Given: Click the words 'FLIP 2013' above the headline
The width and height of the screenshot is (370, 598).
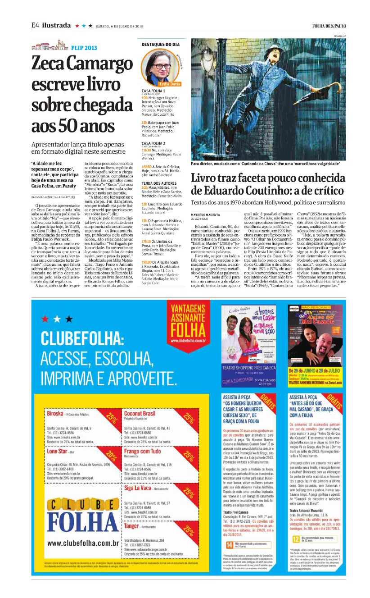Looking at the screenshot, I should [x=84, y=47].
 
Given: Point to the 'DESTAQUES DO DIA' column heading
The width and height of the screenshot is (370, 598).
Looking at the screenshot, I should [x=161, y=45].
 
